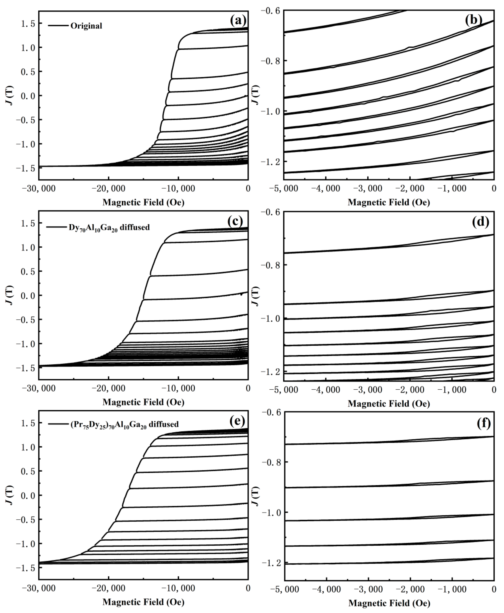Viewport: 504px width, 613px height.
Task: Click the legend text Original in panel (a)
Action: tap(86, 26)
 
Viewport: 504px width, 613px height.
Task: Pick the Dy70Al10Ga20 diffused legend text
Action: tap(109, 227)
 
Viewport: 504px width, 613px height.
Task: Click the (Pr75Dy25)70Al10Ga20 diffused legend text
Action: tap(124, 424)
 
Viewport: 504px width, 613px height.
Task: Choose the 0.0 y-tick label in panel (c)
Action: tap(28, 295)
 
